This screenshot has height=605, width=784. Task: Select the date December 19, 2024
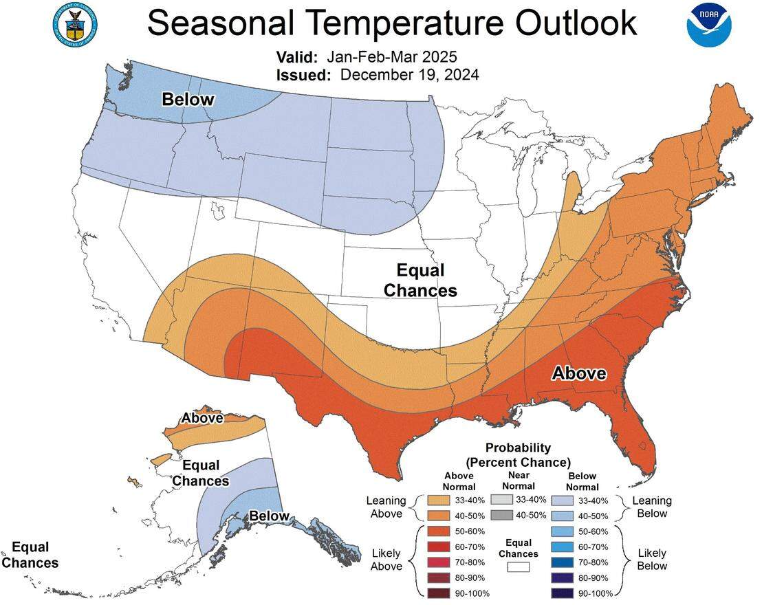click(x=410, y=74)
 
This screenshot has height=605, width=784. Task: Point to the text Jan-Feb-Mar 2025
click(x=391, y=56)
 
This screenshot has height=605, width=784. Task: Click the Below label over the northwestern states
click(x=188, y=100)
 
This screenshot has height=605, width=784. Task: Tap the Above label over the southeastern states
click(x=580, y=373)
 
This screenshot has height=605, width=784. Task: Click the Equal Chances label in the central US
click(x=420, y=280)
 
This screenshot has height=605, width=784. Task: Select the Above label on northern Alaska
click(x=202, y=418)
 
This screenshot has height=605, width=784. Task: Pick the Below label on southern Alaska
click(x=269, y=516)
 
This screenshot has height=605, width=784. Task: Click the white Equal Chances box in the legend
click(x=519, y=567)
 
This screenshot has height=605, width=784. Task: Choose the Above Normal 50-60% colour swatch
click(x=437, y=531)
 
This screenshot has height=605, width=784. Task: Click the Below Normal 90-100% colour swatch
click(x=562, y=593)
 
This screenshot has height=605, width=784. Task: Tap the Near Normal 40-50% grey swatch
click(x=502, y=515)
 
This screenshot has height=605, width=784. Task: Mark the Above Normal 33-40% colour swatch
click(x=437, y=500)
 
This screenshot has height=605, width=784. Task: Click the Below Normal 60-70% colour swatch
click(x=562, y=547)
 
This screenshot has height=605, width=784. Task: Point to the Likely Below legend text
click(x=651, y=559)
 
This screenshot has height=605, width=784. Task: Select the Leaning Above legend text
click(x=386, y=507)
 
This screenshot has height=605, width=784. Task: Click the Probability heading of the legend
click(x=518, y=448)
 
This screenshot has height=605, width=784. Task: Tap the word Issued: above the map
click(x=304, y=74)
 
